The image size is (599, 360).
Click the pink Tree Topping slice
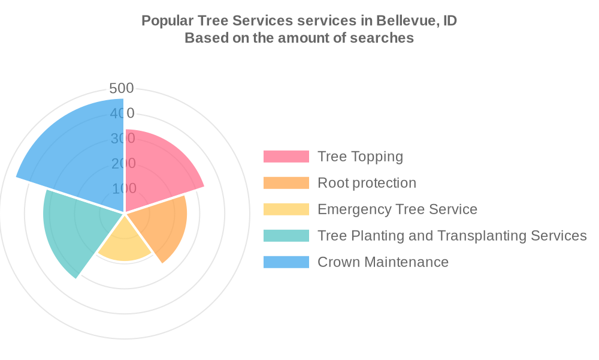coord(159,171)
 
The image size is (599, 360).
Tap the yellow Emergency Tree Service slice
coord(125,243)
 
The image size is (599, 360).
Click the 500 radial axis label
coord(122,88)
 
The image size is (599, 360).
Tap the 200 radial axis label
coord(123,163)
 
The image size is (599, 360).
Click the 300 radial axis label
coord(123,139)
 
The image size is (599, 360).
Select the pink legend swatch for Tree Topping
coord(286,157)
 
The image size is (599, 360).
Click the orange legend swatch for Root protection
coord(286,183)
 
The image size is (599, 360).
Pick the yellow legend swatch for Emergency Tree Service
coord(286,209)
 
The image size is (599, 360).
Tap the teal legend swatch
coord(286,236)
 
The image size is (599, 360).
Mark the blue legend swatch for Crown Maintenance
coord(286,262)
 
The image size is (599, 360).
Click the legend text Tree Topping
coord(360,157)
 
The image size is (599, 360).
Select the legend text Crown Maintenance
coord(383,262)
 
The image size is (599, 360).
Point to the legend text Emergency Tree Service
coord(397,209)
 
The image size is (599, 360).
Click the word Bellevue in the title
coord(406,20)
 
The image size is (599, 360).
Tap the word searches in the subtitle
coord(385,38)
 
